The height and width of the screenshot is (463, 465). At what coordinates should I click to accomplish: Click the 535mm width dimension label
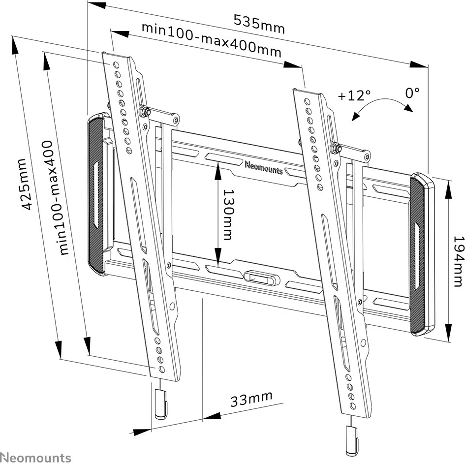(259, 23)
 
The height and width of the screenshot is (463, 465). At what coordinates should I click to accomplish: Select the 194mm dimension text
(457, 260)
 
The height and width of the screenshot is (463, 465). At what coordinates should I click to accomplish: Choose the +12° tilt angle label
(354, 95)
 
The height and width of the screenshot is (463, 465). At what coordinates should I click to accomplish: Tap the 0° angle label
(412, 92)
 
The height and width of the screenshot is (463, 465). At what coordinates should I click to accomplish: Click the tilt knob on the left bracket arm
(144, 111)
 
